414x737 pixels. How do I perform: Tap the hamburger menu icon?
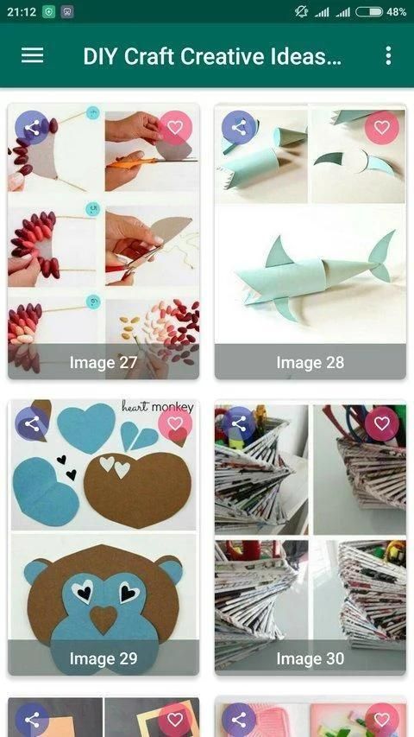pos(33,55)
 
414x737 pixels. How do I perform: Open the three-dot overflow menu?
pos(388,55)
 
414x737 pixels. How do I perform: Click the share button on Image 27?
pos(32,127)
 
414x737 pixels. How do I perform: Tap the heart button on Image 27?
pos(175,127)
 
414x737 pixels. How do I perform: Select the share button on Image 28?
pos(239,127)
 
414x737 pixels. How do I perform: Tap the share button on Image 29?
pos(32,423)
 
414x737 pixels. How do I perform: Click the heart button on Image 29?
pos(175,423)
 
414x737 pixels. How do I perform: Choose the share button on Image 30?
pos(239,423)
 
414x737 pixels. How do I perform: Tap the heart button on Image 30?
pos(382,423)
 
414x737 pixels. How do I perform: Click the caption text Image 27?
pos(103,362)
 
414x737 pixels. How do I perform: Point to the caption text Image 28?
pos(310,362)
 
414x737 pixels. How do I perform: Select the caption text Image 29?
pos(103,658)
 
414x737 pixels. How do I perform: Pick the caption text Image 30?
pos(310,658)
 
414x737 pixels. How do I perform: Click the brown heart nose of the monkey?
pos(103,619)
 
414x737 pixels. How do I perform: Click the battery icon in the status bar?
pos(369,12)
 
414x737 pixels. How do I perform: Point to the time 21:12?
pos(22,12)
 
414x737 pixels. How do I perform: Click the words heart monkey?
pos(158,407)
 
